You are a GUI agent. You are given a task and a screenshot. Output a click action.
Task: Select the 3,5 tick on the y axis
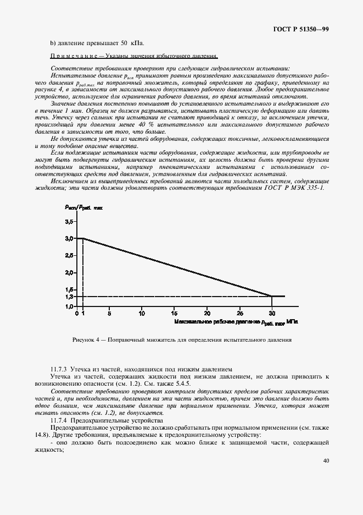69,221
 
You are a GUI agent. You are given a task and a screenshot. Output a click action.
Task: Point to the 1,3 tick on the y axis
69,297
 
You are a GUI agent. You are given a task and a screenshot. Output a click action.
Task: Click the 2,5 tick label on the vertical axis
69,255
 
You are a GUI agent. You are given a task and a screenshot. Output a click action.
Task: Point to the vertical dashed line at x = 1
83,270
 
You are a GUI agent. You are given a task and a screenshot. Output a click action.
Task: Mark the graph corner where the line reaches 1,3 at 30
272,297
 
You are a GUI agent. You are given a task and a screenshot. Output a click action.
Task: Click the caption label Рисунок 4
86,339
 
